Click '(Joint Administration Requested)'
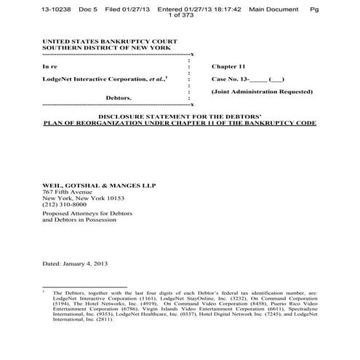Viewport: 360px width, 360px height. coord(262,92)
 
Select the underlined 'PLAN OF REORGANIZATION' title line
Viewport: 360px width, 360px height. coord(180,124)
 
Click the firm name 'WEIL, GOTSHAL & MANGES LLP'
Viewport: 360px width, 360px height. coord(99,185)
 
